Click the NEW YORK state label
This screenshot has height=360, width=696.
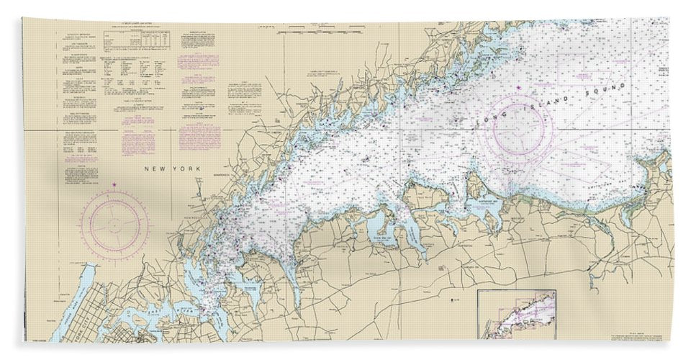click(x=166, y=168)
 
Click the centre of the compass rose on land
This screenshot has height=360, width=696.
click(x=114, y=222)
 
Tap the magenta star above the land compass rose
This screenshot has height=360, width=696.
click(x=114, y=185)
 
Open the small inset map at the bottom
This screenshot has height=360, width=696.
click(x=517, y=314)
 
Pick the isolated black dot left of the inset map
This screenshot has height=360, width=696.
click(x=452, y=297)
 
